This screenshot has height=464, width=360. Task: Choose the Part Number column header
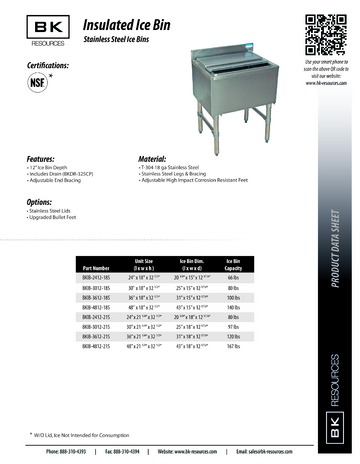tap(96, 265)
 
